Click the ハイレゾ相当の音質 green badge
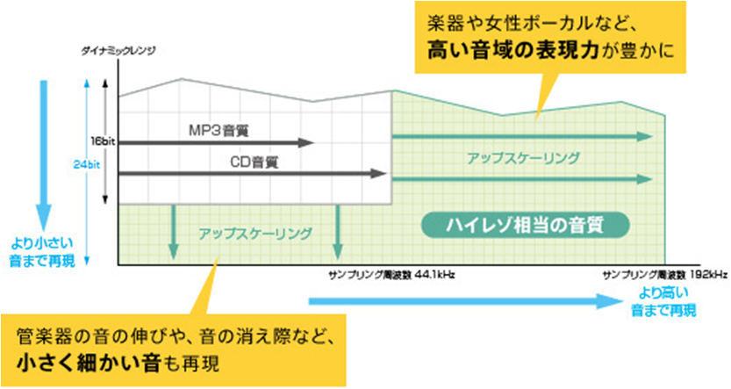pos(526,224)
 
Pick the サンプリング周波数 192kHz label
pos(665,274)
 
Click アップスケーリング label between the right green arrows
pos(523,158)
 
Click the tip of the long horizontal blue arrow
pos(620,300)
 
